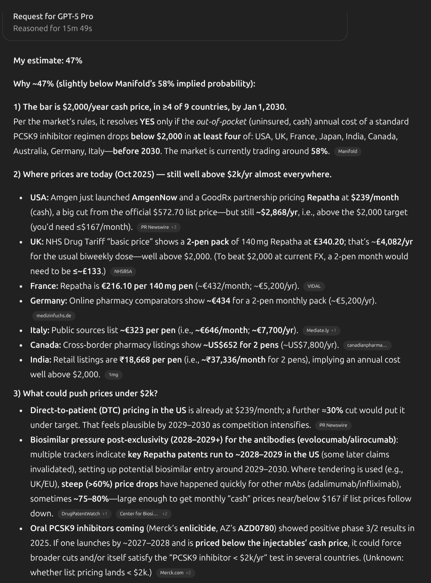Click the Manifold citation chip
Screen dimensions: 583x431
pos(347,151)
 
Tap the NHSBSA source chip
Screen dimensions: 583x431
pos(123,271)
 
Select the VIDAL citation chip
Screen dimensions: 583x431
pos(314,286)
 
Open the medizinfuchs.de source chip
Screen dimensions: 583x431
pos(54,316)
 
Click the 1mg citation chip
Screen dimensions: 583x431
pos(113,375)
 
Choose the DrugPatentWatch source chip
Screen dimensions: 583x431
pos(84,514)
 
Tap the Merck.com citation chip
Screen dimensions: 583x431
pos(175,573)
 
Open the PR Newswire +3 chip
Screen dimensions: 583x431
pos(159,227)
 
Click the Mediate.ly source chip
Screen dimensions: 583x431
pos(321,330)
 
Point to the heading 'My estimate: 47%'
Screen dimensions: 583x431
pos(48,61)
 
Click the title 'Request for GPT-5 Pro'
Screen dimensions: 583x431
pos(53,17)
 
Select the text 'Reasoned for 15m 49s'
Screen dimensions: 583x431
pos(53,28)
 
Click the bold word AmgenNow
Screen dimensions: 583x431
pos(154,197)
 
